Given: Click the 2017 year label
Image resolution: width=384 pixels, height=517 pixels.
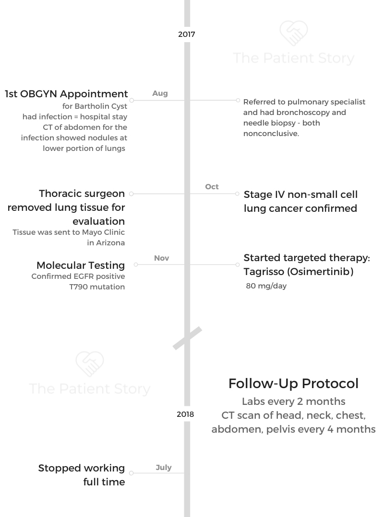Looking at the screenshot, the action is pos(187,34).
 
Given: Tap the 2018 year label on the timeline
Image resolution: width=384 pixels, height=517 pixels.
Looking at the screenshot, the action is pos(185,414).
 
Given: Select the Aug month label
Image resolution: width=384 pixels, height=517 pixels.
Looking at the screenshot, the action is pos(160,93).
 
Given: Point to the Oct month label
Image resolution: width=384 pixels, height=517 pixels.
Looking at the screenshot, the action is pos(212,186).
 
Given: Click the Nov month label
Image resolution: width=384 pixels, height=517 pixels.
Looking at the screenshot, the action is pos(161,258).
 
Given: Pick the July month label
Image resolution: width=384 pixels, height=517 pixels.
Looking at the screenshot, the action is pos(163,468).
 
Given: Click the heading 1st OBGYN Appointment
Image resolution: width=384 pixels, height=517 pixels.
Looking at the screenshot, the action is pos(66,94).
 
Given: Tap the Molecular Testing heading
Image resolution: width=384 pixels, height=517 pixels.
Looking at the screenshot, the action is pos(81,265).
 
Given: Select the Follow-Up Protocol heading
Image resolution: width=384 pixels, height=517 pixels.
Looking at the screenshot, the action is pos(294,383).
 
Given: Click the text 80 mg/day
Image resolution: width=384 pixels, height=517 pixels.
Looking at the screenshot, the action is pos(266,286).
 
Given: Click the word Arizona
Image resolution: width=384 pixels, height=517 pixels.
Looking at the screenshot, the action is pos(110,243).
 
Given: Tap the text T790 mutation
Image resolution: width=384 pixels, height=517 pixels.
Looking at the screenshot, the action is pos(97,287).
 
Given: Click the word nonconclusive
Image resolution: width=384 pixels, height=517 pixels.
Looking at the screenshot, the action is pos(271,134).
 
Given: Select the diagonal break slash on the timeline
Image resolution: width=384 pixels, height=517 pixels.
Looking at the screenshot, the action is pos(187,338).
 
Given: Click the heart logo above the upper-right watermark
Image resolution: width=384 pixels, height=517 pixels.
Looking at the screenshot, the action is pos(294,33).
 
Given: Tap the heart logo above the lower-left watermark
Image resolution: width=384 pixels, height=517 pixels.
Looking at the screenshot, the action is pos(89,364).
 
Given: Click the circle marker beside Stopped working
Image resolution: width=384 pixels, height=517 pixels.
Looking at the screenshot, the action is pos(132,473).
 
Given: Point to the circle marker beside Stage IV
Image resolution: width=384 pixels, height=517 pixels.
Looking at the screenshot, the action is pos(237,194).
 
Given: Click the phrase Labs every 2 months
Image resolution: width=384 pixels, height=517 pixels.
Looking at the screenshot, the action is pos(294,401).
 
